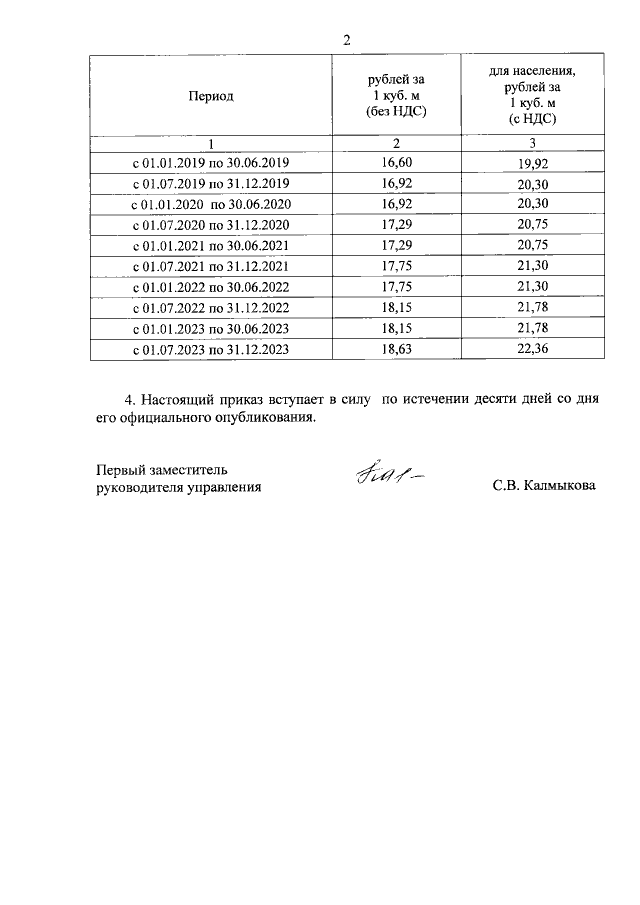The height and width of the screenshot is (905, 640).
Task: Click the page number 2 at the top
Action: (x=346, y=40)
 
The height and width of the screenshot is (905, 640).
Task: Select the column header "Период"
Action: (x=210, y=96)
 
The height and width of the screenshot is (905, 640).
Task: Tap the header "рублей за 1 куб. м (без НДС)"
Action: (x=396, y=96)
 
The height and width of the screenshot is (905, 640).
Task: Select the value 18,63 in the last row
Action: (x=397, y=350)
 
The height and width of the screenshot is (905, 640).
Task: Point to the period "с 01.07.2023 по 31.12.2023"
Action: (x=211, y=350)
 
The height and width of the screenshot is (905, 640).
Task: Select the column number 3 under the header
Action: (x=532, y=142)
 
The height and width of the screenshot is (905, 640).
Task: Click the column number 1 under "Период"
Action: (x=210, y=142)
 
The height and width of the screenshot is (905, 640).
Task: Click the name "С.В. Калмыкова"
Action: (x=544, y=487)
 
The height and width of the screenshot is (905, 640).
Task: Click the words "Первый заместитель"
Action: (x=163, y=468)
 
